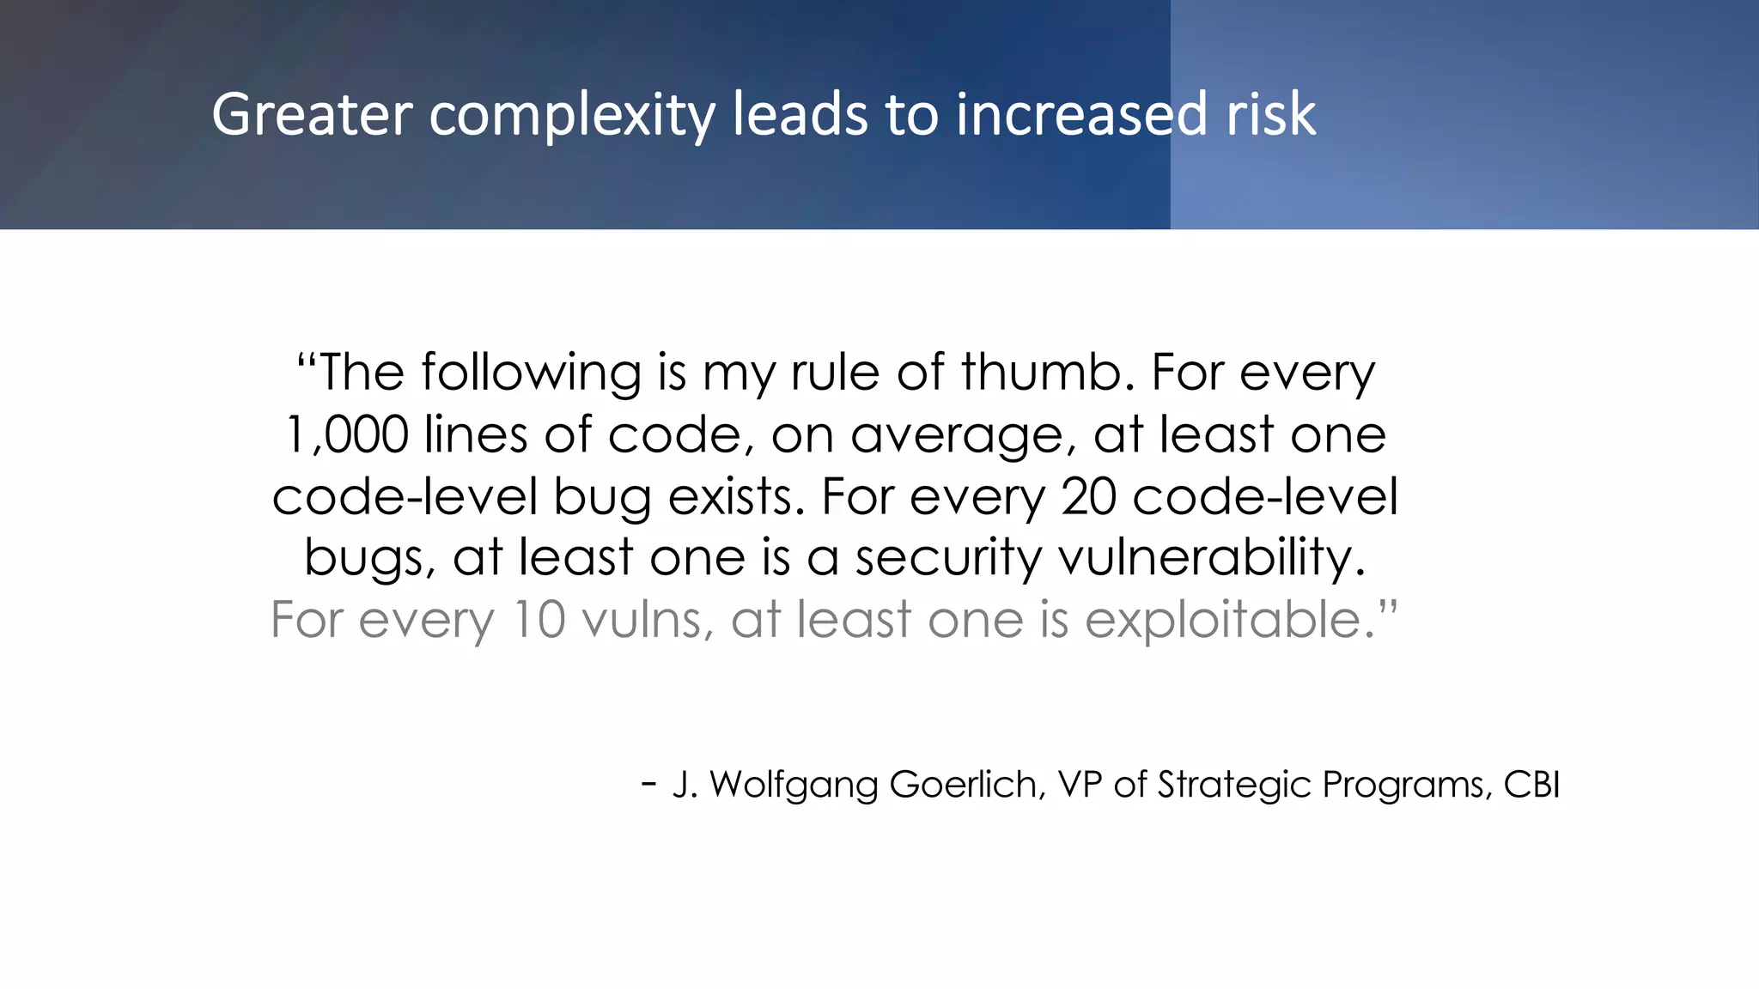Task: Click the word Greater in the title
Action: [x=312, y=114]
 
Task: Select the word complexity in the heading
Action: [x=571, y=116]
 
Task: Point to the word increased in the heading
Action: [x=1081, y=114]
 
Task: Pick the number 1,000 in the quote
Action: [x=347, y=434]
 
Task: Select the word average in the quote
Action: [x=963, y=436]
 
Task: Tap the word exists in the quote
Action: [x=737, y=497]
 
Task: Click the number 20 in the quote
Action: [x=1088, y=497]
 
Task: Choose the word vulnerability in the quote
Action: [x=1211, y=558]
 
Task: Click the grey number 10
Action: [x=539, y=619]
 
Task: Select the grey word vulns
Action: [x=647, y=619]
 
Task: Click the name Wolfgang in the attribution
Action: [x=794, y=785]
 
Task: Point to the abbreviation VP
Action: [x=1080, y=785]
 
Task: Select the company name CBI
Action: [x=1531, y=785]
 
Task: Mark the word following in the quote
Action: [x=531, y=373]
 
